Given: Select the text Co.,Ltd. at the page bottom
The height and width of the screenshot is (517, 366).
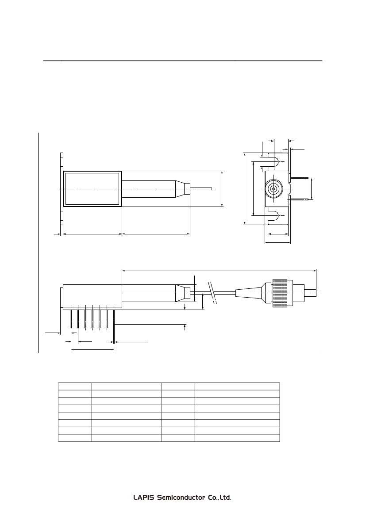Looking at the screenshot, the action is point(220,498).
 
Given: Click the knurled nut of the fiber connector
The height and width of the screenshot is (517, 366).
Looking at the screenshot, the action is point(280,293).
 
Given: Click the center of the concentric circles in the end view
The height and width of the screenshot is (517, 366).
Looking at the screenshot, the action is point(274,189).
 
